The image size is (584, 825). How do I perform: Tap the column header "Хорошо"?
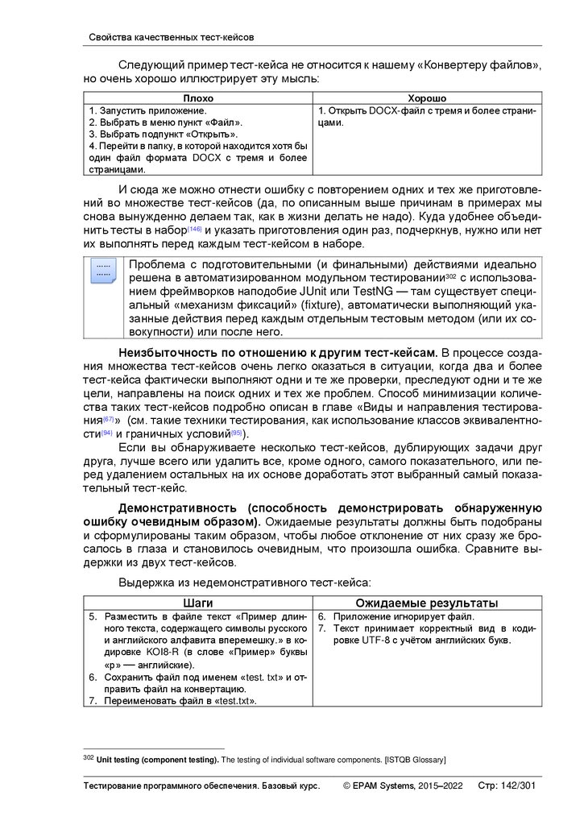pyautogui.click(x=427, y=97)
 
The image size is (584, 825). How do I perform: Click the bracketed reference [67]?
pyautogui.click(x=109, y=421)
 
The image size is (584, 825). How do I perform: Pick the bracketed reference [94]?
pyautogui.click(x=106, y=434)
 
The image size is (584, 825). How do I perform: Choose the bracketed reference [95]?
pyautogui.click(x=237, y=434)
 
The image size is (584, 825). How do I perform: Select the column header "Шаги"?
pyautogui.click(x=198, y=603)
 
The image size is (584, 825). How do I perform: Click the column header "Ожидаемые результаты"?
pyautogui.click(x=427, y=603)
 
